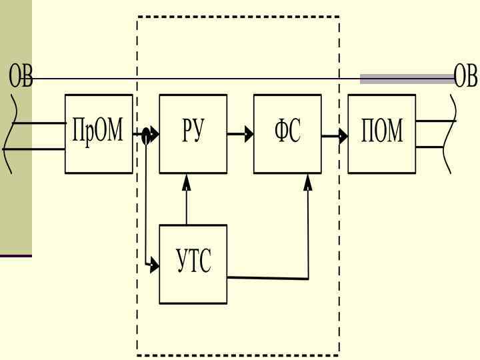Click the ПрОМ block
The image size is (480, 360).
click(97, 134)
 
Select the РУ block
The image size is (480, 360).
click(193, 134)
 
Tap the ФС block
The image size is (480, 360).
click(287, 134)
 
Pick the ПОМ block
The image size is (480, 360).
click(382, 134)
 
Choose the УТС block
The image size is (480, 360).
click(193, 264)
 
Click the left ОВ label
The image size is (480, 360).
click(20, 77)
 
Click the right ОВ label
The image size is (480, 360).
click(466, 77)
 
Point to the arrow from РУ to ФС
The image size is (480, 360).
click(240, 135)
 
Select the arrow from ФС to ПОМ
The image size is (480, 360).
click(335, 137)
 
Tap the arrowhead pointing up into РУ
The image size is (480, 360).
click(187, 181)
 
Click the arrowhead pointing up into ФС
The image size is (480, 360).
click(307, 181)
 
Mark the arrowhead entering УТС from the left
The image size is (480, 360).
click(155, 265)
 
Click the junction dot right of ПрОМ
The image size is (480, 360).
click(146, 136)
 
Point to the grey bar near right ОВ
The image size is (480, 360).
click(407, 79)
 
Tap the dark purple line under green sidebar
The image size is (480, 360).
click(15, 256)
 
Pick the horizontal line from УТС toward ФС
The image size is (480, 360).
click(267, 278)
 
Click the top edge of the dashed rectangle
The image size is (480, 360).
click(238, 17)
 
